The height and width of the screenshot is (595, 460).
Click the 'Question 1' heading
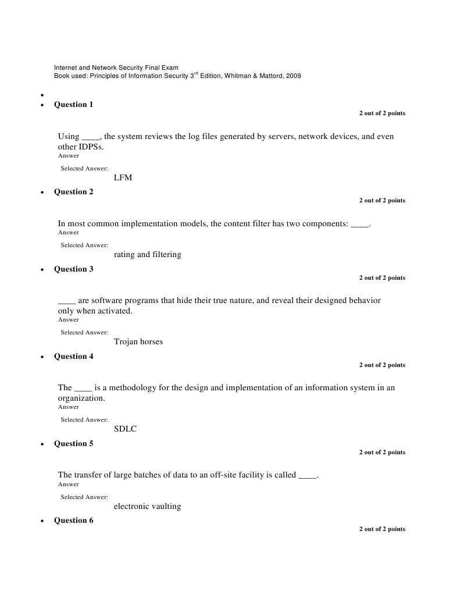(73, 105)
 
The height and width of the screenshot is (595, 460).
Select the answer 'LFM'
(123, 177)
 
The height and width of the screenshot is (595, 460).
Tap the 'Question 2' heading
(73, 192)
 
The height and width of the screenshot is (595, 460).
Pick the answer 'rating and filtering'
(147, 255)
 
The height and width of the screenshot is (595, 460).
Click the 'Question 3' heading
(73, 269)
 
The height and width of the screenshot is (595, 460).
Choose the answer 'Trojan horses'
(138, 342)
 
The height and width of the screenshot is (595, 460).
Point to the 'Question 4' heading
(73, 357)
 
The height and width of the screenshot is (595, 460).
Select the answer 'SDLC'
(125, 429)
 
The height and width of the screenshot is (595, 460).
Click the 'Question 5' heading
(73, 444)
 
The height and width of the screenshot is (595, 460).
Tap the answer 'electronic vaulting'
(147, 507)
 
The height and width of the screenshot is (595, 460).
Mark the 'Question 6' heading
(73, 521)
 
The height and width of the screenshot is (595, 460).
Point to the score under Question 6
(381, 529)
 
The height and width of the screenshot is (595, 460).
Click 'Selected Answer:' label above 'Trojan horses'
(84, 333)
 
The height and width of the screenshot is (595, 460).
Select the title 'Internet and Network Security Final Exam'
(116, 68)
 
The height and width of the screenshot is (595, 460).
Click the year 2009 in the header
(293, 76)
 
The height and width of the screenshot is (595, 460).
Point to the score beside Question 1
(381, 113)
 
